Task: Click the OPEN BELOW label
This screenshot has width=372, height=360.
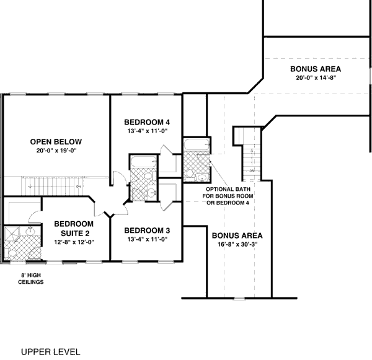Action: (x=56, y=141)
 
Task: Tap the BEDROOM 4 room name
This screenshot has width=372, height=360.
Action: (x=146, y=121)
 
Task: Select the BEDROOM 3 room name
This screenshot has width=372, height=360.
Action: (x=147, y=230)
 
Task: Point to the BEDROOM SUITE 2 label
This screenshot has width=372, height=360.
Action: (x=73, y=227)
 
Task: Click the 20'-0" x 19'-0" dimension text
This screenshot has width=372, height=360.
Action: (x=56, y=150)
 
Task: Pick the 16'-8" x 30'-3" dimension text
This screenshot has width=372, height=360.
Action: (x=237, y=245)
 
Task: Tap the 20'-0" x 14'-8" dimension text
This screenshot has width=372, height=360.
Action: (x=315, y=78)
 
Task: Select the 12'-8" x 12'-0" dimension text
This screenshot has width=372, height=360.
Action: (x=73, y=242)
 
